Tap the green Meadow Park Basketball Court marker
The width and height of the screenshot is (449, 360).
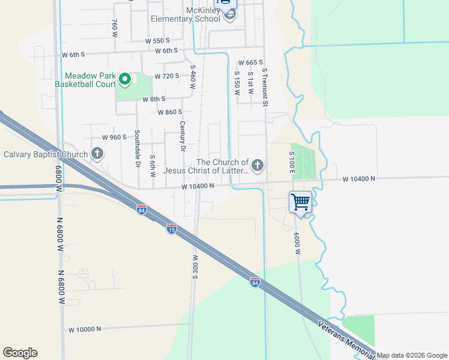coord(125,79)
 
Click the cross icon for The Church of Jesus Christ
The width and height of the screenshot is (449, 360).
coord(258,166)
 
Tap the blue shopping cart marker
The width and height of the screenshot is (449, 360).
coord(300,202)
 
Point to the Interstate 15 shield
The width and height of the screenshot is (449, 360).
coord(171,229)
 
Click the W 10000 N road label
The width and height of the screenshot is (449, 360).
coord(85,329)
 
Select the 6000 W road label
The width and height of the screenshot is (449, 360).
coord(297,243)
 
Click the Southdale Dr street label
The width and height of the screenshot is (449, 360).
coord(137,148)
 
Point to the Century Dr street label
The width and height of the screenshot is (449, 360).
coord(182,136)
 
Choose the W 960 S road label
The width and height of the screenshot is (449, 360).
coord(114,137)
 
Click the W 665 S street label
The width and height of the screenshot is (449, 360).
coord(251,62)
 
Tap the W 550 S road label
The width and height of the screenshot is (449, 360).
coord(158,41)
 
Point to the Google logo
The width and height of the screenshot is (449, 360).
coord(20,353)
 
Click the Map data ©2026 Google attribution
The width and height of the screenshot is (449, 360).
coord(411,355)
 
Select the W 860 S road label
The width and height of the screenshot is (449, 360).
coord(169,112)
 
